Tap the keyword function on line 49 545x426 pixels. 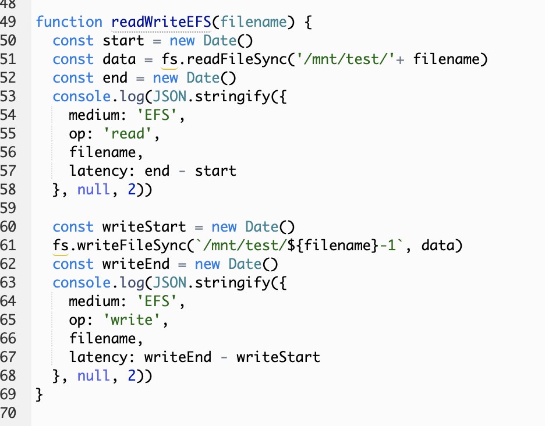click(69, 22)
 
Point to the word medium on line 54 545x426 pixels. click(94, 115)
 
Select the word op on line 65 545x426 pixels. click(77, 320)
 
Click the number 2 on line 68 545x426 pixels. click(132, 376)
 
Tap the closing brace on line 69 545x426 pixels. click(39, 395)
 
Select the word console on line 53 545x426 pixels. click(73, 97)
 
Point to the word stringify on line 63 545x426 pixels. click(194, 283)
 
